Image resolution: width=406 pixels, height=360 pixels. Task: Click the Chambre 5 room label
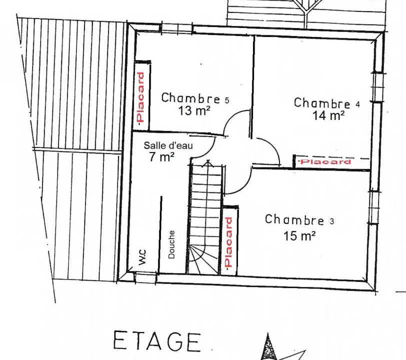195,98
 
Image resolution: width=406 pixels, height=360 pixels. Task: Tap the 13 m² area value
194,111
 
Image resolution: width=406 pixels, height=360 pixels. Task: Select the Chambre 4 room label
327,103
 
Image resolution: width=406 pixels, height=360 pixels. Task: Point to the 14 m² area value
328,115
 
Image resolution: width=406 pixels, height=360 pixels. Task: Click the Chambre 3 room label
299,220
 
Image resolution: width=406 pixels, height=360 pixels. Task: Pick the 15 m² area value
299,236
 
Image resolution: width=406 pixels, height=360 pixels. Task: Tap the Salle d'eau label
168,145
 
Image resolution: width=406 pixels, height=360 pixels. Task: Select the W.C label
142,257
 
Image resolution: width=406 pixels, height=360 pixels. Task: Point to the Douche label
171,244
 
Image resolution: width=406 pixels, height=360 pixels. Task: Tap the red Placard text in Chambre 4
325,162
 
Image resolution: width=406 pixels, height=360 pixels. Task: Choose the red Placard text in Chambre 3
228,242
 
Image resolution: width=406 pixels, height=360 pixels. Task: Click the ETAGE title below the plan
157,341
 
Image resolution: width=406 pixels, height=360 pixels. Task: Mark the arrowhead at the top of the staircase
208,163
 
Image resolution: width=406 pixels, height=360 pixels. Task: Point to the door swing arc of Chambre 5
231,118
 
